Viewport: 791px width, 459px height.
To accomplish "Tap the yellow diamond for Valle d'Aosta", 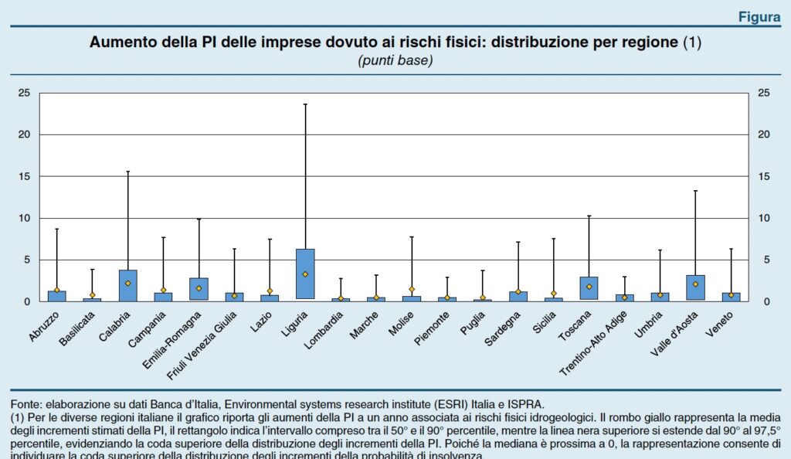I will (x=695, y=284).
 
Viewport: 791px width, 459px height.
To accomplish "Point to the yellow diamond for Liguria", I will (x=305, y=274).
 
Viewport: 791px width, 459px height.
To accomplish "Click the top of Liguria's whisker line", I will (x=305, y=104).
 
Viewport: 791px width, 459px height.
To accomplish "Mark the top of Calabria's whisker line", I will (x=128, y=172).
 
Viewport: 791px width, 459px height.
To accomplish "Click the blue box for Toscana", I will (x=589, y=287).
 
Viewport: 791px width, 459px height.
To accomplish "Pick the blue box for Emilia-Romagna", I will (x=199, y=289).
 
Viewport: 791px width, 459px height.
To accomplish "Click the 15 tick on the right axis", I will (x=765, y=176).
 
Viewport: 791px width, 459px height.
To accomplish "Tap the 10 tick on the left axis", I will (x=25, y=218).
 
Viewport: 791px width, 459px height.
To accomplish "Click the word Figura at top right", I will (x=759, y=17).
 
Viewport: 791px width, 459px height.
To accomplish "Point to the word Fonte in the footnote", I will (x=25, y=403).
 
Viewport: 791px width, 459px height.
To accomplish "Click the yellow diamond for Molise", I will (x=412, y=289).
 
